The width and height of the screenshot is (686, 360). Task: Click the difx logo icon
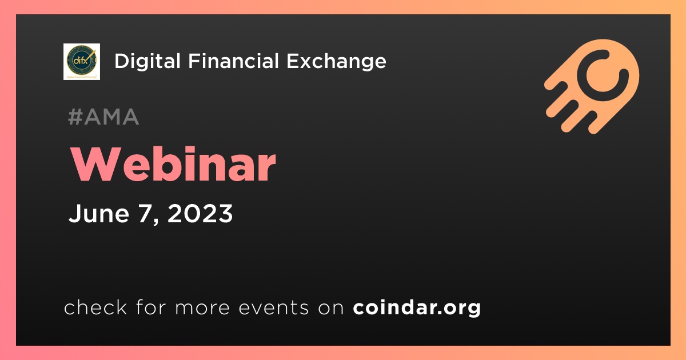(81, 62)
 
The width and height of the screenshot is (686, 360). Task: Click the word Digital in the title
(147, 61)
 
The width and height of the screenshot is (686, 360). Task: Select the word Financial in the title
(233, 61)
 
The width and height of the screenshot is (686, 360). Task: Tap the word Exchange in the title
(336, 62)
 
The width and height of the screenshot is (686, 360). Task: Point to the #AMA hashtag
(104, 117)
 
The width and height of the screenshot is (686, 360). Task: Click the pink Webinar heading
(173, 164)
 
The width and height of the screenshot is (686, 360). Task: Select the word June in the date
(99, 213)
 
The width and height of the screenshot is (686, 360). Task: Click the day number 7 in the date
(145, 213)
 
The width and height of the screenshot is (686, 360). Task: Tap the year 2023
(200, 213)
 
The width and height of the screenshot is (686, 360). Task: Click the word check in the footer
(95, 307)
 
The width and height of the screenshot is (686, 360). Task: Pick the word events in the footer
(273, 307)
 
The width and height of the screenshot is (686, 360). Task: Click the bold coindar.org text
(417, 307)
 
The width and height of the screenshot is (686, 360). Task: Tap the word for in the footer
(151, 307)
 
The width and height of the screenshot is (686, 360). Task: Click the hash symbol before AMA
(75, 117)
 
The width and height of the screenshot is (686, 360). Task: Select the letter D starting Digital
(122, 61)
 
